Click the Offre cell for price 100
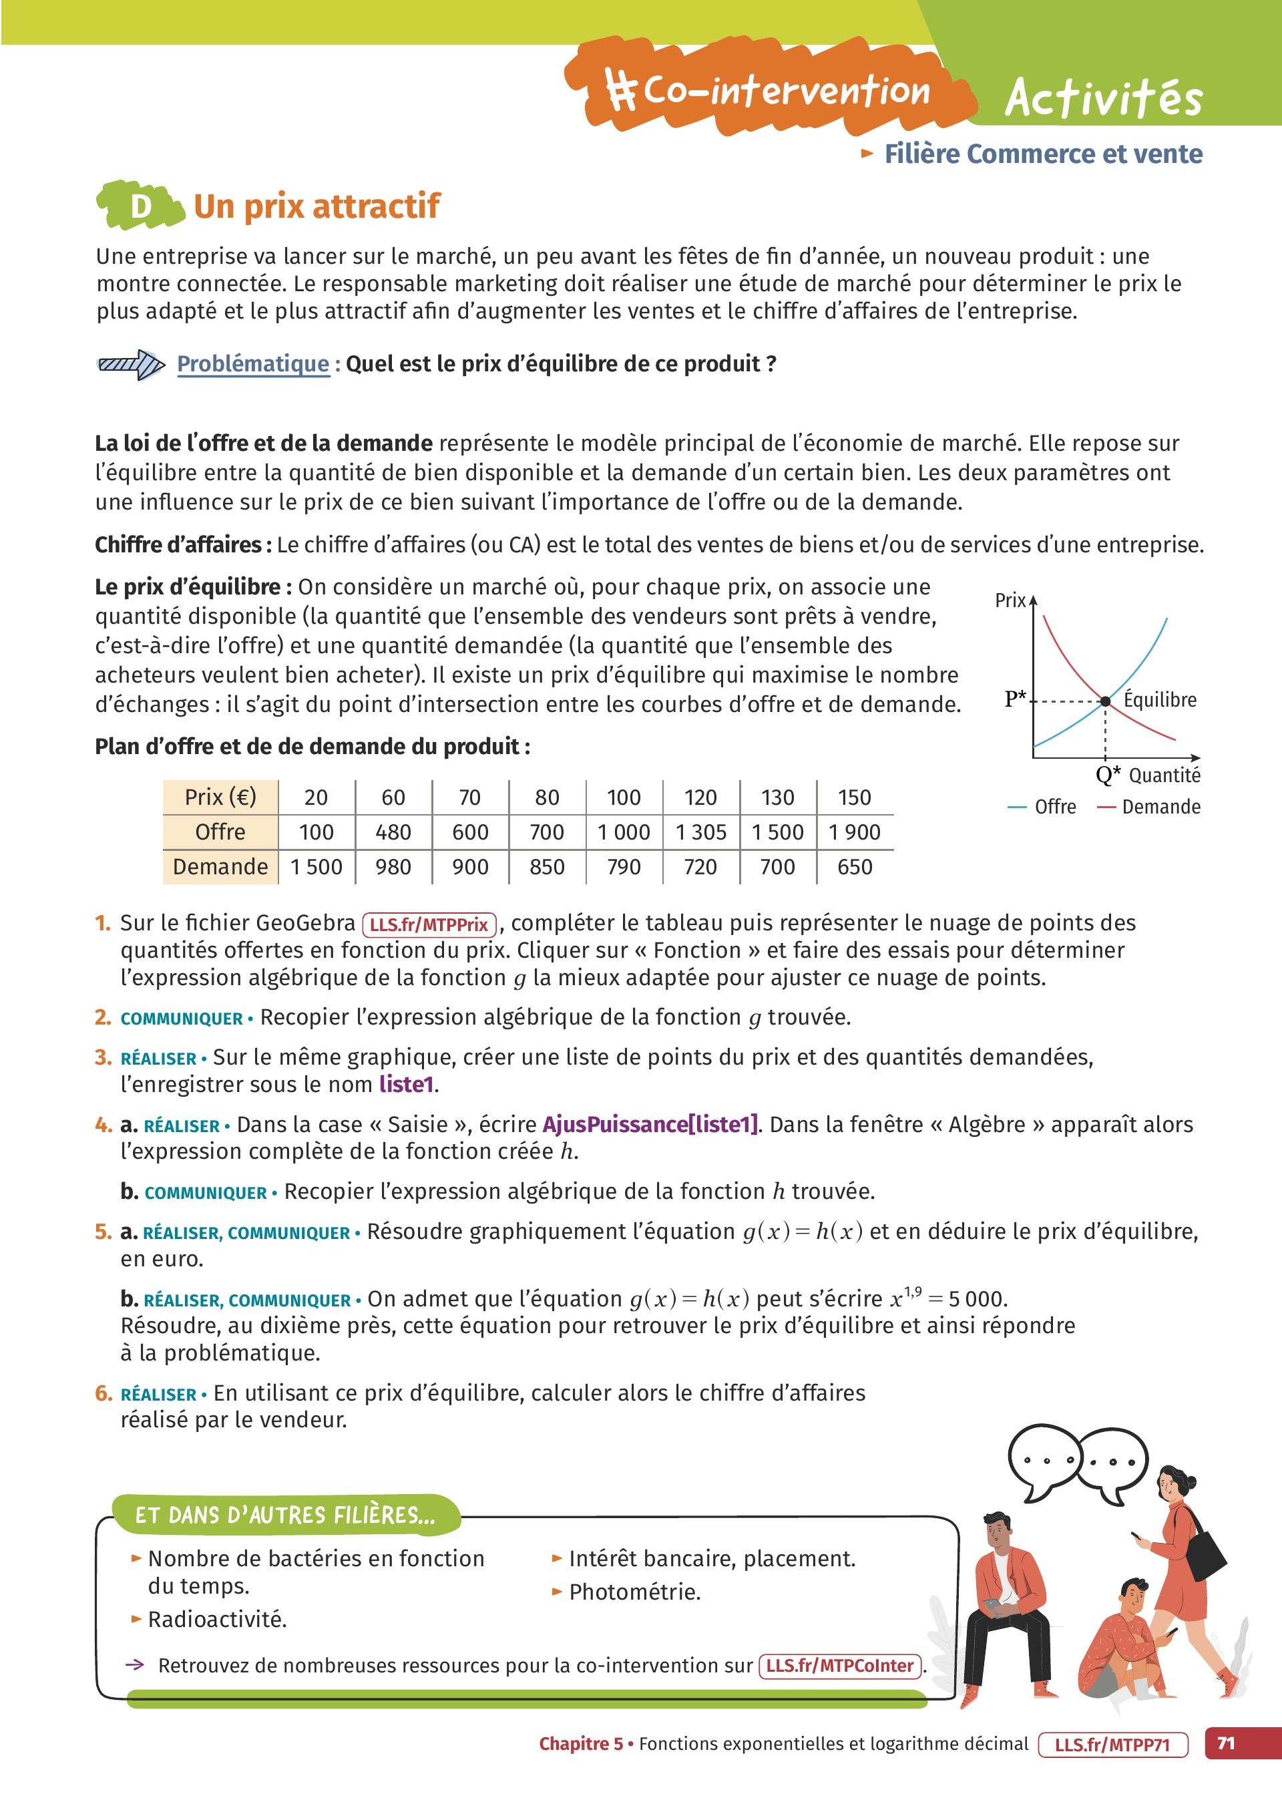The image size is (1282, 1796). tap(623, 832)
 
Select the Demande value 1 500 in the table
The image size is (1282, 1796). tap(316, 867)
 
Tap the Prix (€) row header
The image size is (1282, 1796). tap(220, 797)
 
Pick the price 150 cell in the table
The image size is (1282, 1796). tap(854, 797)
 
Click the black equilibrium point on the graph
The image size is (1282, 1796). tap(1105, 701)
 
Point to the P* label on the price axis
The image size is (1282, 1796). tap(1015, 699)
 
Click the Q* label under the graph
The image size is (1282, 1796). tap(1108, 775)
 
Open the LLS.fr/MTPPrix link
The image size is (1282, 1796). tap(429, 924)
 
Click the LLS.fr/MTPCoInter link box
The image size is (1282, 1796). tap(840, 1666)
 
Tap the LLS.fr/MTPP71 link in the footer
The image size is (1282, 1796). tap(1112, 1745)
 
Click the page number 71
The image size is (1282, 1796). tap(1226, 1744)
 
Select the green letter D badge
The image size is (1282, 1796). tap(140, 206)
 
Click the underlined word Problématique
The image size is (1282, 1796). tap(252, 364)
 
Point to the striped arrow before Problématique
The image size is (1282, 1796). tap(130, 364)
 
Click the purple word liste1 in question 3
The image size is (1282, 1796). tap(406, 1085)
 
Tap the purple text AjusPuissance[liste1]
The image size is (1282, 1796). tap(650, 1124)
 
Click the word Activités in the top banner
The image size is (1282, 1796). tap(1103, 99)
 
